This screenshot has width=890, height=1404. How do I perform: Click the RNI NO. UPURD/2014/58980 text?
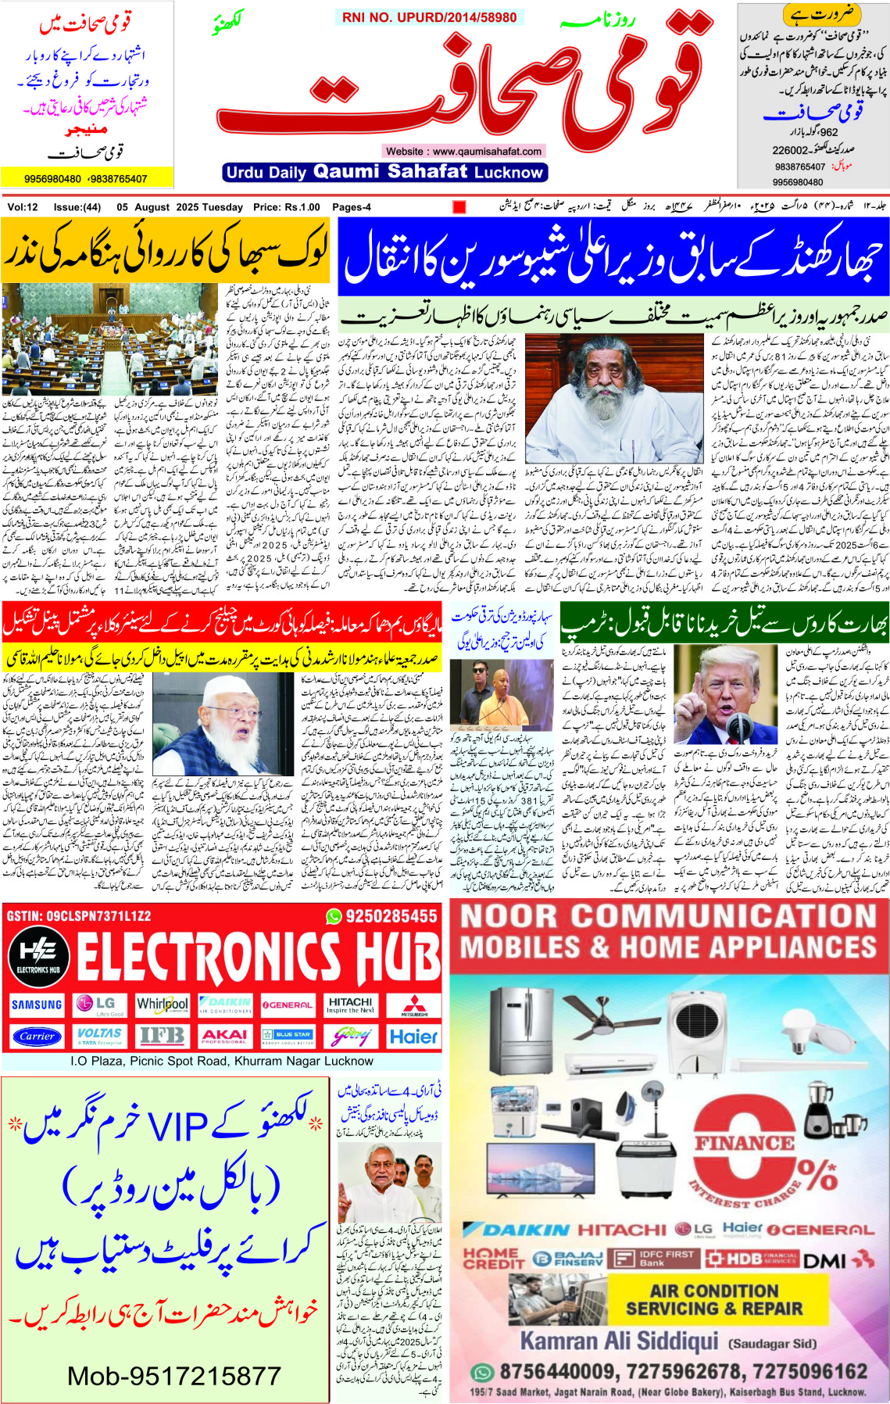coord(429,17)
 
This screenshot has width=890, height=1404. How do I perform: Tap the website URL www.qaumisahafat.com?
coord(463,151)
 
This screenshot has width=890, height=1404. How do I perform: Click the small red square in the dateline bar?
coord(459,207)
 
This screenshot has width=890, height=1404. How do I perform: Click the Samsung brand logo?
coord(36,1005)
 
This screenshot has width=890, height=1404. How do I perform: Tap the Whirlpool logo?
coord(162,1005)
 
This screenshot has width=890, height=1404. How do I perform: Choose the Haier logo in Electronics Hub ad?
coord(413,1037)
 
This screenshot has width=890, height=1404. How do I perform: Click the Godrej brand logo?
coord(351,1037)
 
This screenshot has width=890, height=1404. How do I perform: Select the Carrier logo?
coord(37,1037)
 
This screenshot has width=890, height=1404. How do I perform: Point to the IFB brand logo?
coord(162,1037)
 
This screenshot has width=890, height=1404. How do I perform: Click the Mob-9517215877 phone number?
coord(174,1376)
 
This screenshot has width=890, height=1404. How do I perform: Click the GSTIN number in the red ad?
coord(78,915)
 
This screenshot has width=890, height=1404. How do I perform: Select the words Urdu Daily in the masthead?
coord(265,173)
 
